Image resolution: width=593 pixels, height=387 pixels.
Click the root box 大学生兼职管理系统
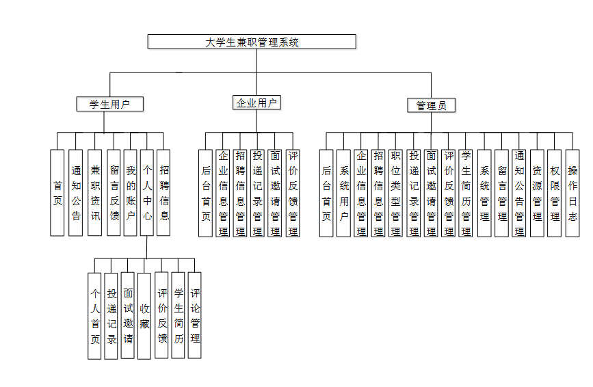(252, 42)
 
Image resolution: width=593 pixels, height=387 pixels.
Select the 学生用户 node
(109, 104)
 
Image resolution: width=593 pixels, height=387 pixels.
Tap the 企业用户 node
(256, 103)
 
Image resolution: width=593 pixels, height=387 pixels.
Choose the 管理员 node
(431, 105)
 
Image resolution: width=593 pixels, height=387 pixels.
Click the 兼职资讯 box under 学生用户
(94, 193)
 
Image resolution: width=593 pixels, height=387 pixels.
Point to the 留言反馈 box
(113, 193)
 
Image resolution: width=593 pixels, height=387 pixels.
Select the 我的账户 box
(130, 193)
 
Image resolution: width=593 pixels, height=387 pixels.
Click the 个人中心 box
(146, 193)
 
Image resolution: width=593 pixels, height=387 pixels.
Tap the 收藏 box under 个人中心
(144, 315)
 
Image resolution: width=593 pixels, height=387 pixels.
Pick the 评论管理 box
(195, 315)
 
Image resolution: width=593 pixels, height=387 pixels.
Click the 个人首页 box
(94, 315)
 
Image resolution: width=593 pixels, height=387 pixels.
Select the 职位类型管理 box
(395, 193)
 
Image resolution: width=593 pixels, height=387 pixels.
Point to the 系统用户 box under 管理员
(343, 193)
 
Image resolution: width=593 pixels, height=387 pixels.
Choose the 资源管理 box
(537, 193)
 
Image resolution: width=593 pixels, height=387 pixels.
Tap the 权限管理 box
(554, 193)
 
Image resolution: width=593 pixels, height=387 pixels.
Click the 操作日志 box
(572, 193)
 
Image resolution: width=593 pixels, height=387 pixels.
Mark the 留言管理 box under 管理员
(501, 193)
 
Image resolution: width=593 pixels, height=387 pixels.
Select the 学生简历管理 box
(466, 193)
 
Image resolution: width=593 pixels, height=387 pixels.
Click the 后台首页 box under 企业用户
(205, 193)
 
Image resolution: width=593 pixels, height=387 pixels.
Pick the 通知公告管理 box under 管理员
(519, 193)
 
